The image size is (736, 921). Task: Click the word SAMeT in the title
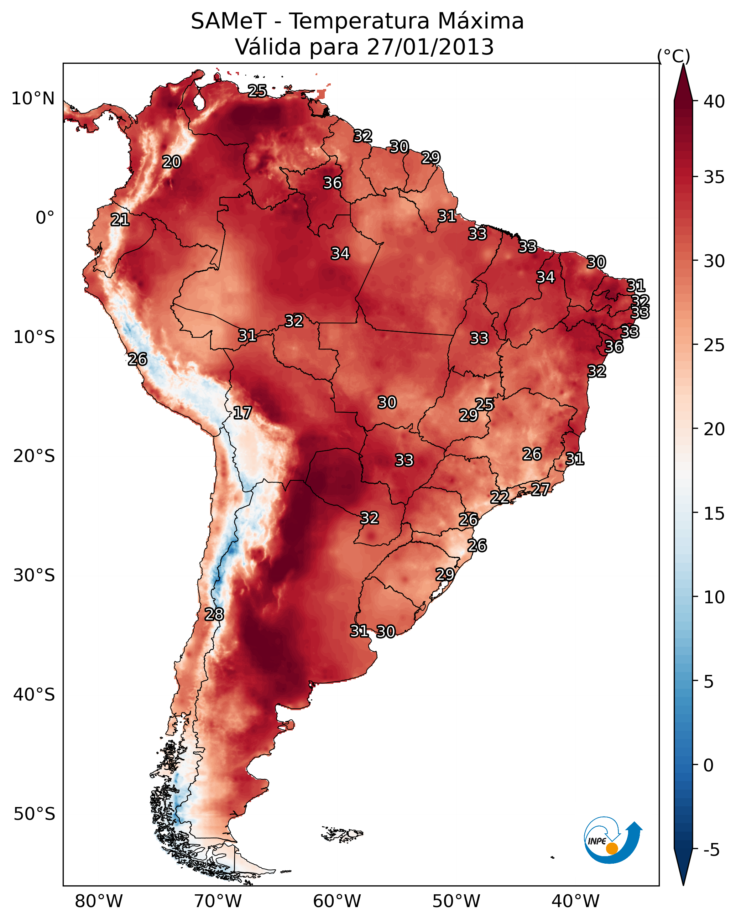point(229,21)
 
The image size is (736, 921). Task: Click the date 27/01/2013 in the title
point(430,47)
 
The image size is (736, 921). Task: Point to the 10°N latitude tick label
point(33,99)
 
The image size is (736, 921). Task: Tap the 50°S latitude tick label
point(34,814)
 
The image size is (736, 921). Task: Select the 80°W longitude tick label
point(99,901)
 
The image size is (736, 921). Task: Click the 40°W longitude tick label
point(575,901)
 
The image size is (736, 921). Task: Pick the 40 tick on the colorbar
point(714,102)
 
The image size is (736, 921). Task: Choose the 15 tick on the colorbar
point(714,514)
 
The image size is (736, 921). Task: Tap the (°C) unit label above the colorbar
point(674,56)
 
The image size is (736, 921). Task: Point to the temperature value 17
point(242,413)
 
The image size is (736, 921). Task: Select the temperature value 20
point(172,162)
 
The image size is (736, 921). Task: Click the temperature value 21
point(120,220)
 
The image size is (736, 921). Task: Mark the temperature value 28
point(214,614)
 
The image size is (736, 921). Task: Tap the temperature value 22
point(499,497)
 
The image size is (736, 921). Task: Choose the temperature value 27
point(541,489)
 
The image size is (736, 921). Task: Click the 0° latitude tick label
point(45,218)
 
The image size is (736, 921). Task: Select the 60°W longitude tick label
point(337,901)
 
